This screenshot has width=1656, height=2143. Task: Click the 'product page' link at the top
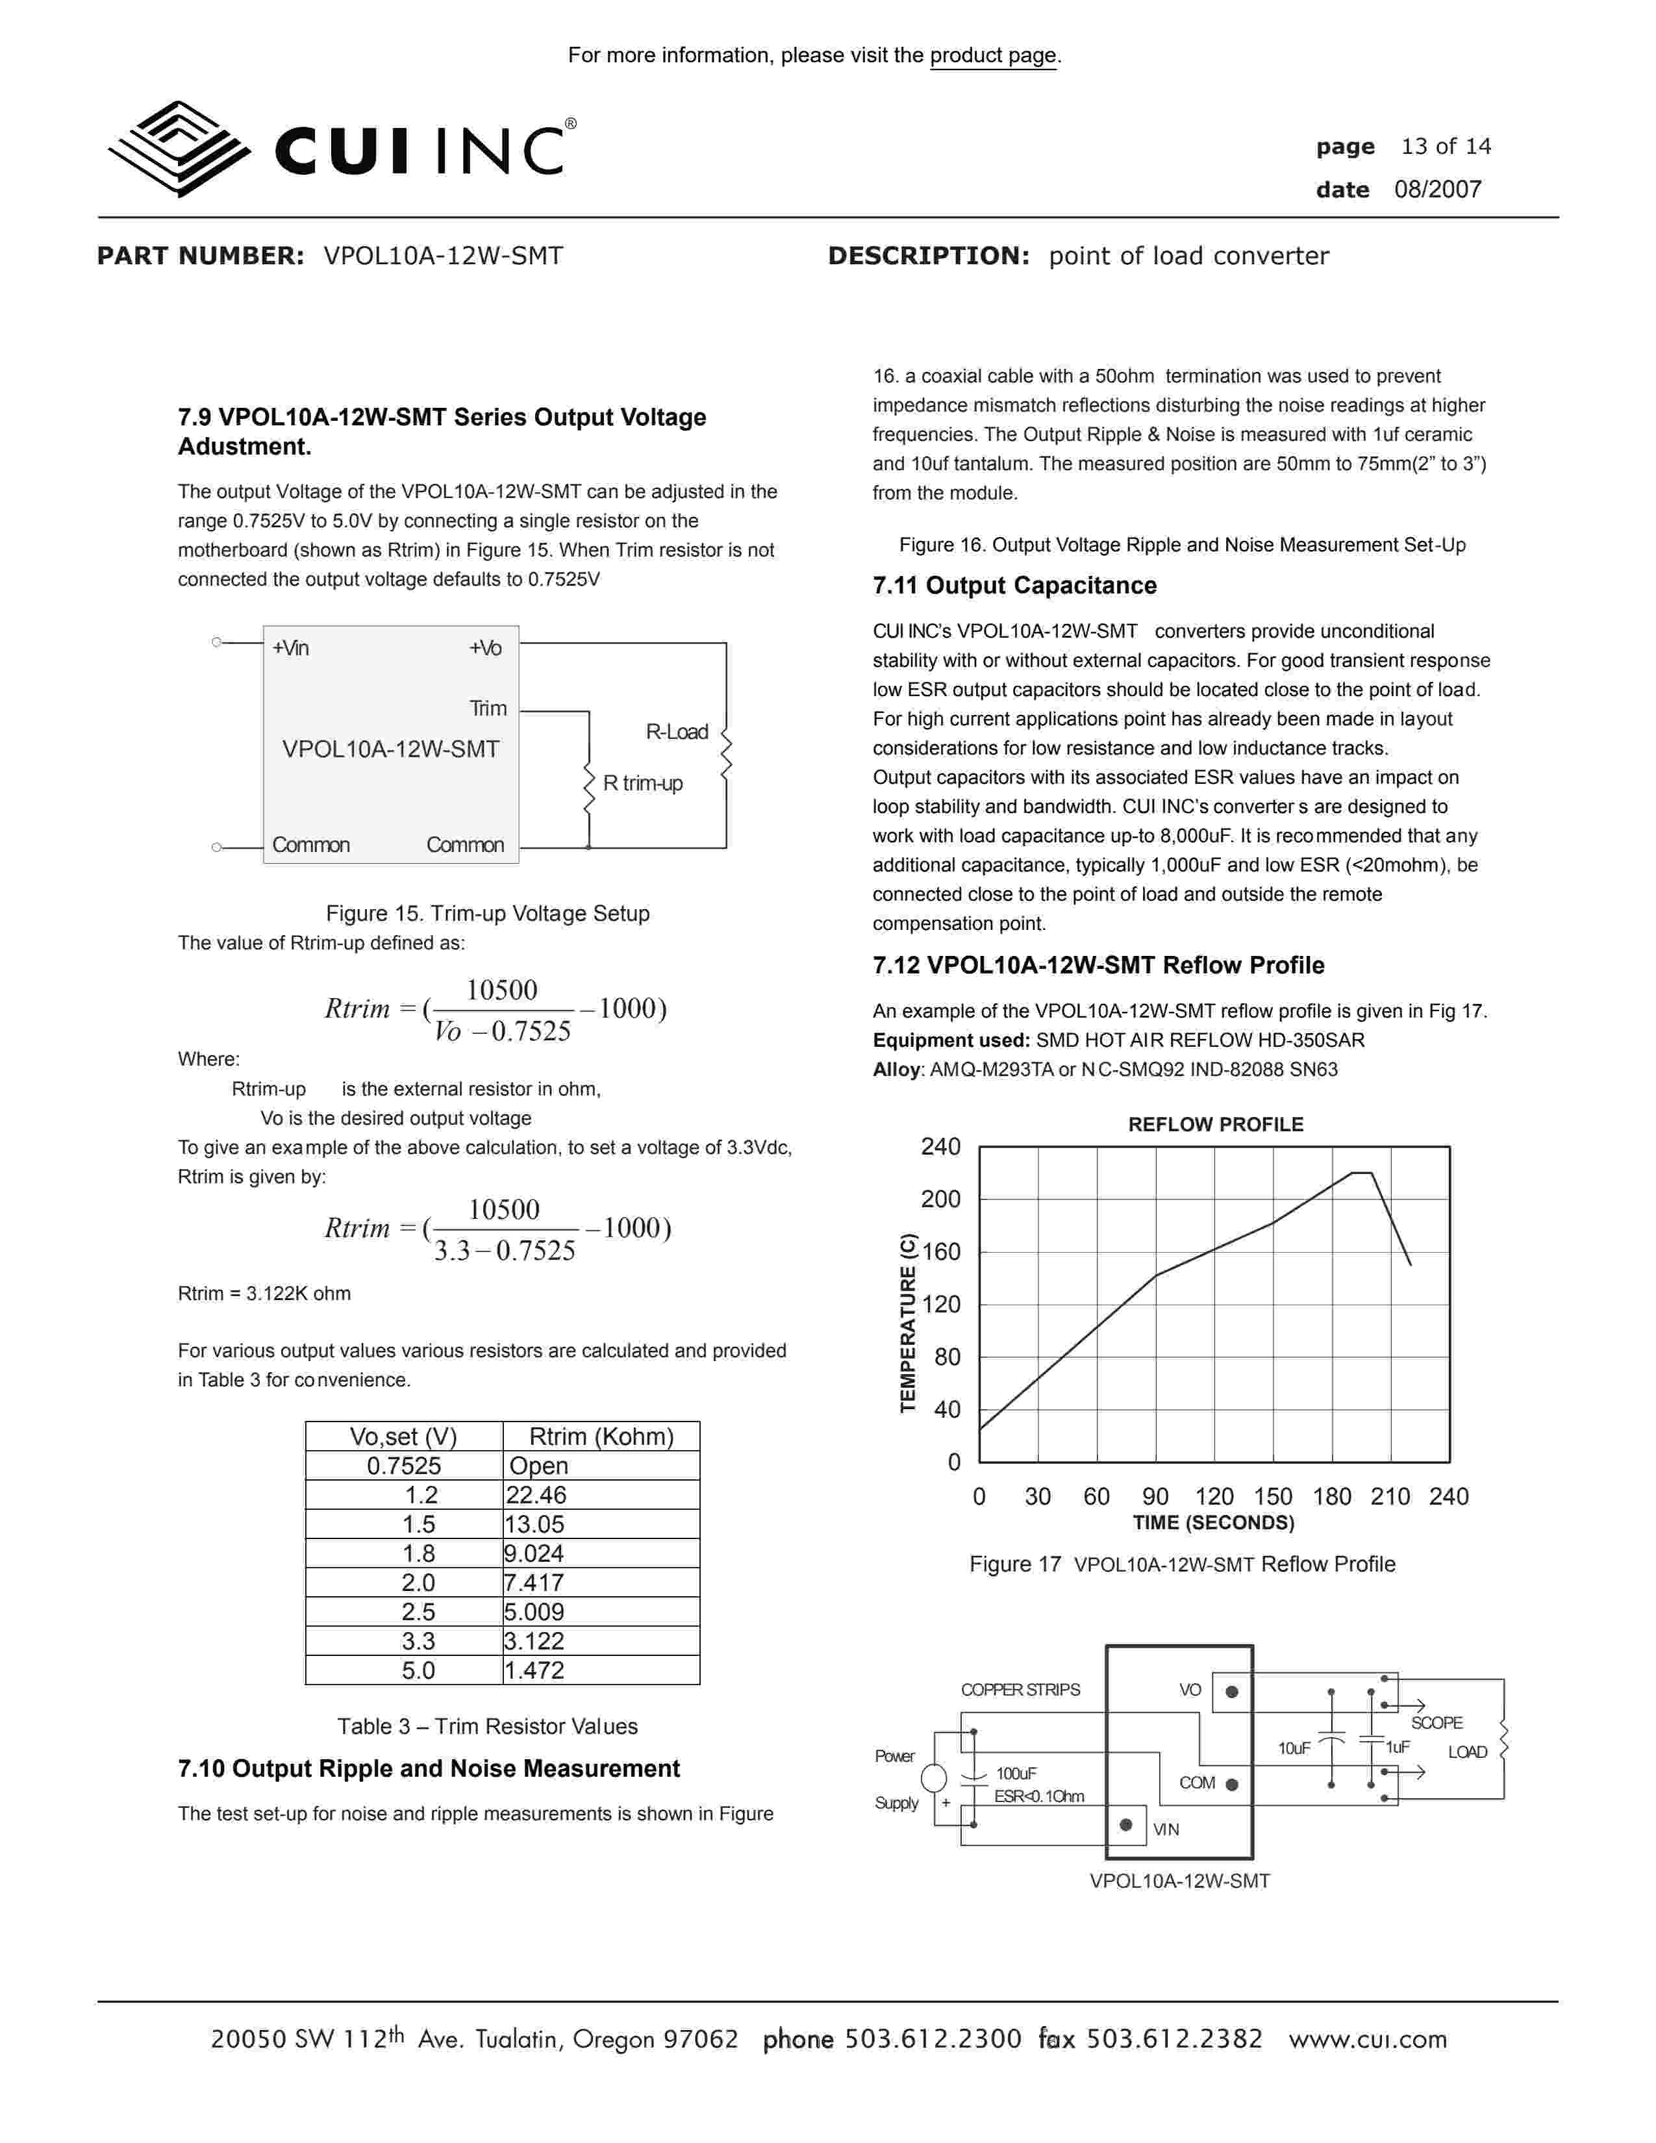pos(993,56)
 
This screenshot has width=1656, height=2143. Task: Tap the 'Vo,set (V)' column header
pos(403,1436)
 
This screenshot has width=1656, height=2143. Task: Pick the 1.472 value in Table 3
pos(534,1670)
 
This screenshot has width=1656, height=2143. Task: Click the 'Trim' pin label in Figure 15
pos(488,708)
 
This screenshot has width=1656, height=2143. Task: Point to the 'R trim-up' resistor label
pos(642,783)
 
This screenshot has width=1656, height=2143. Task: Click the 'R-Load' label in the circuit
pos(676,732)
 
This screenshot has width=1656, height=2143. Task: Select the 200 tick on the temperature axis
pos(940,1199)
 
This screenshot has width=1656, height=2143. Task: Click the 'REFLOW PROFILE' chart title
pos(1216,1125)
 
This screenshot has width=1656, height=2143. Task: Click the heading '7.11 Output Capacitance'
pos(1014,586)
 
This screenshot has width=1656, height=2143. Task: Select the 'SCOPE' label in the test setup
pos(1436,1723)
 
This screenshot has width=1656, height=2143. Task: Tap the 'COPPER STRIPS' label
pos(1020,1690)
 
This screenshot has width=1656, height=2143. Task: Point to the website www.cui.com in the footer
pos(1368,2039)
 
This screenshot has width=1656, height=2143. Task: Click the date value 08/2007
pos(1437,190)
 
